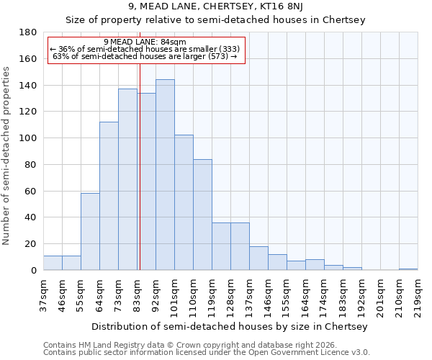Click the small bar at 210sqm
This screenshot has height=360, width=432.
[408, 269]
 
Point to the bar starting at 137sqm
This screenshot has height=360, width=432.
[258, 258]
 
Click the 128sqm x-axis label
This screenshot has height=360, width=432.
[230, 295]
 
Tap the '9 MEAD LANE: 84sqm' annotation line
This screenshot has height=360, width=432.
[145, 42]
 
